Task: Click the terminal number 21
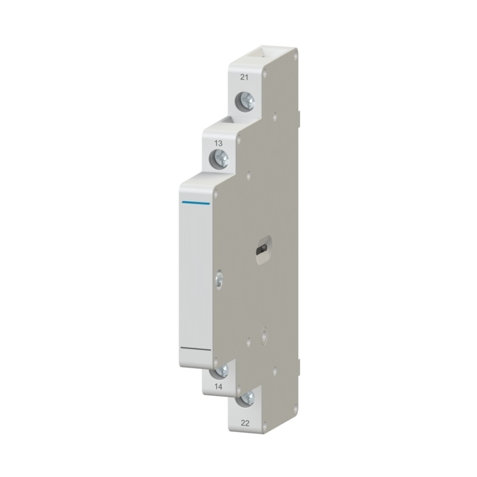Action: point(244,77)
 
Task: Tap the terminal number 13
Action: point(218,143)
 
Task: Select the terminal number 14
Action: point(218,387)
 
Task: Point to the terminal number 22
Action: point(245,423)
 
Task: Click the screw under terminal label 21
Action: point(245,101)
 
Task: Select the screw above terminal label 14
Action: point(219,372)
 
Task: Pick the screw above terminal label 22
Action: point(245,399)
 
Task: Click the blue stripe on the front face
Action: point(196,203)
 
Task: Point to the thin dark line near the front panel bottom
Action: point(196,349)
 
